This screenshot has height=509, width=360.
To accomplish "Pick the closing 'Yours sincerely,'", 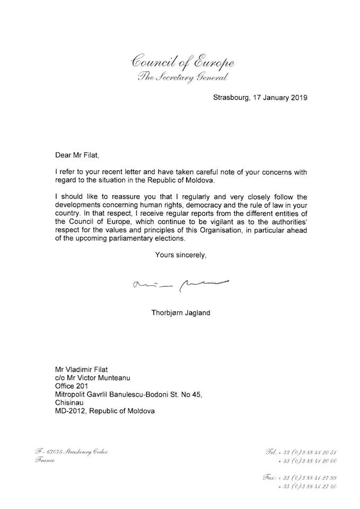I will (180, 255).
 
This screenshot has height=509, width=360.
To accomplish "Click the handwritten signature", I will (180, 284).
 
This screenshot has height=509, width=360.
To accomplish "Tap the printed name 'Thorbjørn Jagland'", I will (180, 313).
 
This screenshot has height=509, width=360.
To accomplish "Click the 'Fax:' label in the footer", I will (271, 477).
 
